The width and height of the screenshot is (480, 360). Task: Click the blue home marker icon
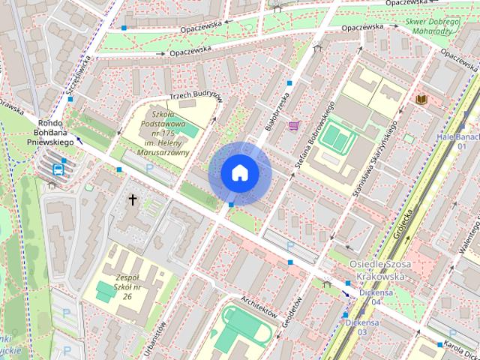(239, 172)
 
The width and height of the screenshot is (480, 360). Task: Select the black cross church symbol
(133, 199)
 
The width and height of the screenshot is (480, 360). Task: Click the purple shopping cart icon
(294, 125)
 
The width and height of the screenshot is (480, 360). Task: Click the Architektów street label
(259, 305)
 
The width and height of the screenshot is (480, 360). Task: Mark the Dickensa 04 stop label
(376, 296)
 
